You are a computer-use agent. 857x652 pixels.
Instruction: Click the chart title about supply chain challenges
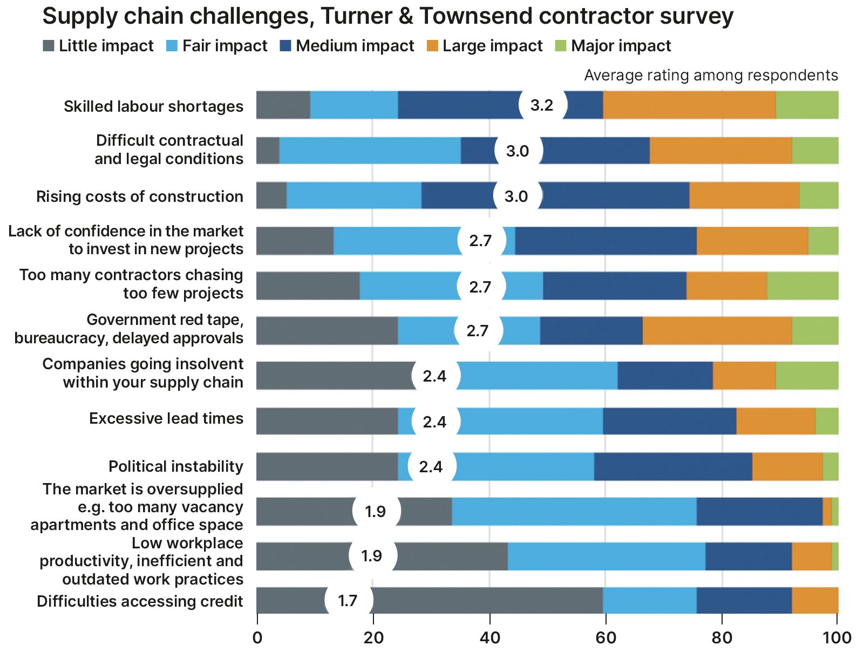point(387,16)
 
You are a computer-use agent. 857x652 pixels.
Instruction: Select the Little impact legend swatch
point(49,46)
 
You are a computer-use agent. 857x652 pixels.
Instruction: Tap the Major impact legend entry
point(613,46)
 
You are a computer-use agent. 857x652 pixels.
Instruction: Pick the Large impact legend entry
point(485,46)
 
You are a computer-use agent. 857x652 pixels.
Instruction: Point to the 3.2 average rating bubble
point(542,105)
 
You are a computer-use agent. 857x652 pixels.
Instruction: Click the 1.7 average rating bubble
point(348,600)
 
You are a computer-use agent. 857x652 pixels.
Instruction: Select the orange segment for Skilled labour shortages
point(689,105)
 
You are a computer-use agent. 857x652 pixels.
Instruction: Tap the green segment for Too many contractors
point(802,286)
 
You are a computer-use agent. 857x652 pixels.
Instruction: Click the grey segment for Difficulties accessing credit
point(486,600)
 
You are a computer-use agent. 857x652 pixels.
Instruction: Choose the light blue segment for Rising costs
point(353,195)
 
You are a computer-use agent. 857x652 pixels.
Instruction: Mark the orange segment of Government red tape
point(717,330)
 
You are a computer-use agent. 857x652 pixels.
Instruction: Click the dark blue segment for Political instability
point(672,466)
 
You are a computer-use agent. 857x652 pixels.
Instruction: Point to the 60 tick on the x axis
point(605,637)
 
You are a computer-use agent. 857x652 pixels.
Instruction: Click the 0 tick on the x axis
point(257,637)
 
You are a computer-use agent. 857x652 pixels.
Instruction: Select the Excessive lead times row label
point(166,419)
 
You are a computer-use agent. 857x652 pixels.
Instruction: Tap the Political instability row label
point(175,466)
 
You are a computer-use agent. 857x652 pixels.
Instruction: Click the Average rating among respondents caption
point(711,75)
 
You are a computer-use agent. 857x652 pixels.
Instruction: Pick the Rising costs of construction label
point(139,196)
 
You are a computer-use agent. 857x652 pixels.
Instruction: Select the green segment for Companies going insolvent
point(807,376)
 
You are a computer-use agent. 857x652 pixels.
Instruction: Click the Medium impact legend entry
point(347,46)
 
